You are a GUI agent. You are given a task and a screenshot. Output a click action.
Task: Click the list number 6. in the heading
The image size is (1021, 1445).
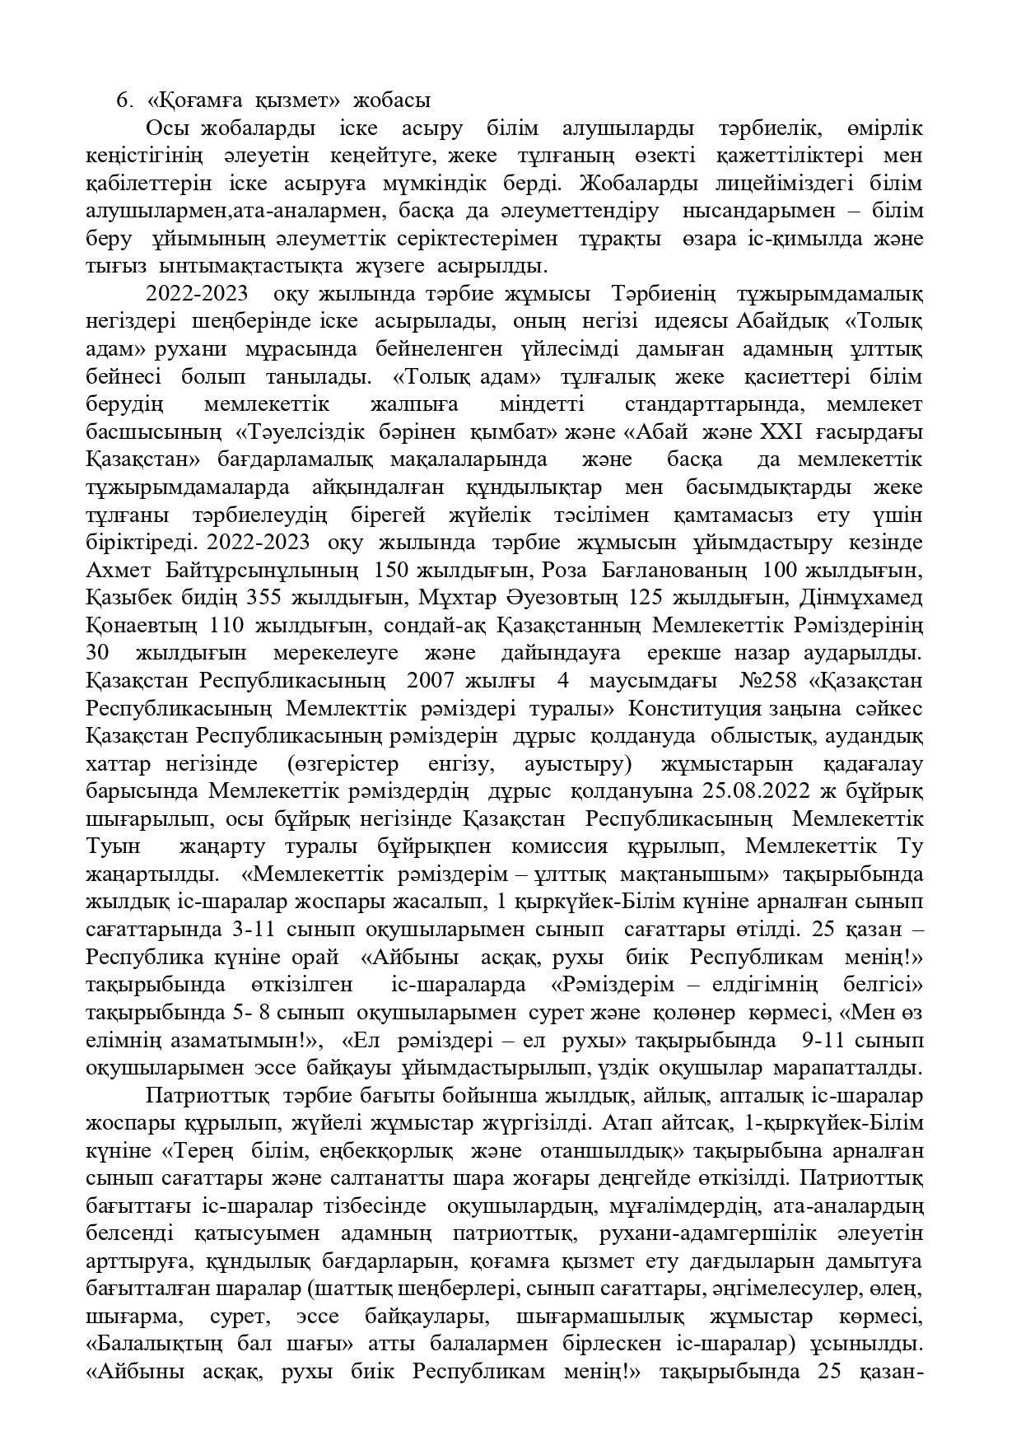pyautogui.click(x=124, y=101)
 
